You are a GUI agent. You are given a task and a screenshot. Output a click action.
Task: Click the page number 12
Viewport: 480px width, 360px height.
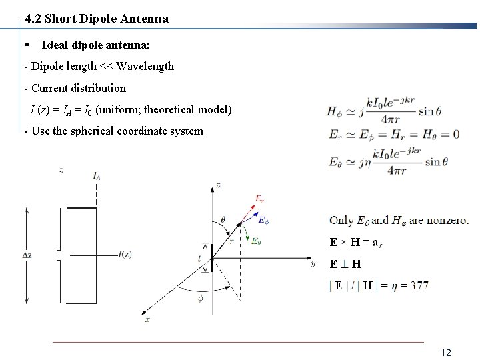click(447, 351)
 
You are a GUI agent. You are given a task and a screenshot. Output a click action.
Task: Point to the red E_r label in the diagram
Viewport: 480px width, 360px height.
click(260, 197)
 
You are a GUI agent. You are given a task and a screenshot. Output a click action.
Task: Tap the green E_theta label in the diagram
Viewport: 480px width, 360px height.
click(256, 241)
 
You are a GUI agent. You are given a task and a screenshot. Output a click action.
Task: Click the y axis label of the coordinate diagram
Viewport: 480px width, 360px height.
click(313, 263)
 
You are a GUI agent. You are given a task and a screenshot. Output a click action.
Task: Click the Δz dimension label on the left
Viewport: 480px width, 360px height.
click(27, 255)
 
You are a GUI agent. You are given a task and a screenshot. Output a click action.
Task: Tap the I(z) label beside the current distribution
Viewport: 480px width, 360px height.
click(125, 254)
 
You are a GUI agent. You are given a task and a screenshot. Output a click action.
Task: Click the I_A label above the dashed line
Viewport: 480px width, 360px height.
click(97, 176)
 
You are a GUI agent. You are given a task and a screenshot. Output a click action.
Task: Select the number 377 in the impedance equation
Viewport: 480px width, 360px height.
click(419, 285)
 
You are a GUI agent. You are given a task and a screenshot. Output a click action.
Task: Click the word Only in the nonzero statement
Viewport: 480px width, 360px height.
click(341, 220)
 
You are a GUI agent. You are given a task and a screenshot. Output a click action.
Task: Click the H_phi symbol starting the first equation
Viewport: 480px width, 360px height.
click(335, 111)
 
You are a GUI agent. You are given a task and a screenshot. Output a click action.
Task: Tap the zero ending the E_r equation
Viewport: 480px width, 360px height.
click(455, 134)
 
